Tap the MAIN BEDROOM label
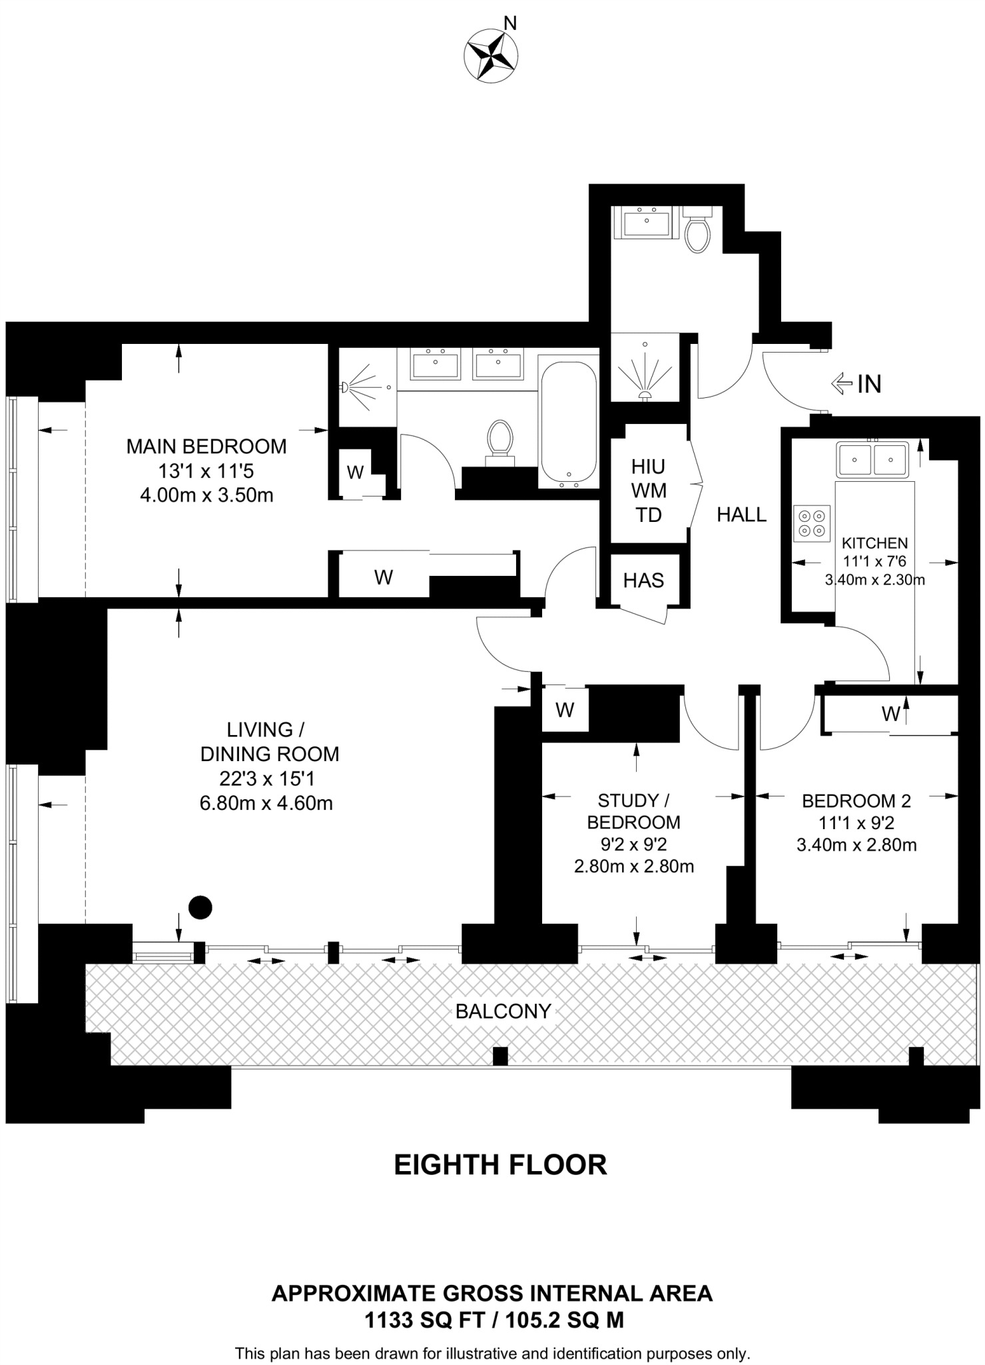(x=206, y=447)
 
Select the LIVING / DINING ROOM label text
(x=269, y=742)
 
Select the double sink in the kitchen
(x=872, y=459)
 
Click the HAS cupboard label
(x=643, y=581)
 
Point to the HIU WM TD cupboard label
(x=649, y=491)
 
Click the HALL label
(x=741, y=515)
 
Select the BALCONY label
(x=503, y=1011)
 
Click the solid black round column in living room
(x=200, y=907)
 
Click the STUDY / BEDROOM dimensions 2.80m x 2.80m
(x=633, y=866)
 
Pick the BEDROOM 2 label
(x=856, y=800)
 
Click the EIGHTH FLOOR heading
(x=500, y=1165)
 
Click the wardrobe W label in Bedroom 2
(x=890, y=714)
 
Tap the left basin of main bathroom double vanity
(x=435, y=365)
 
